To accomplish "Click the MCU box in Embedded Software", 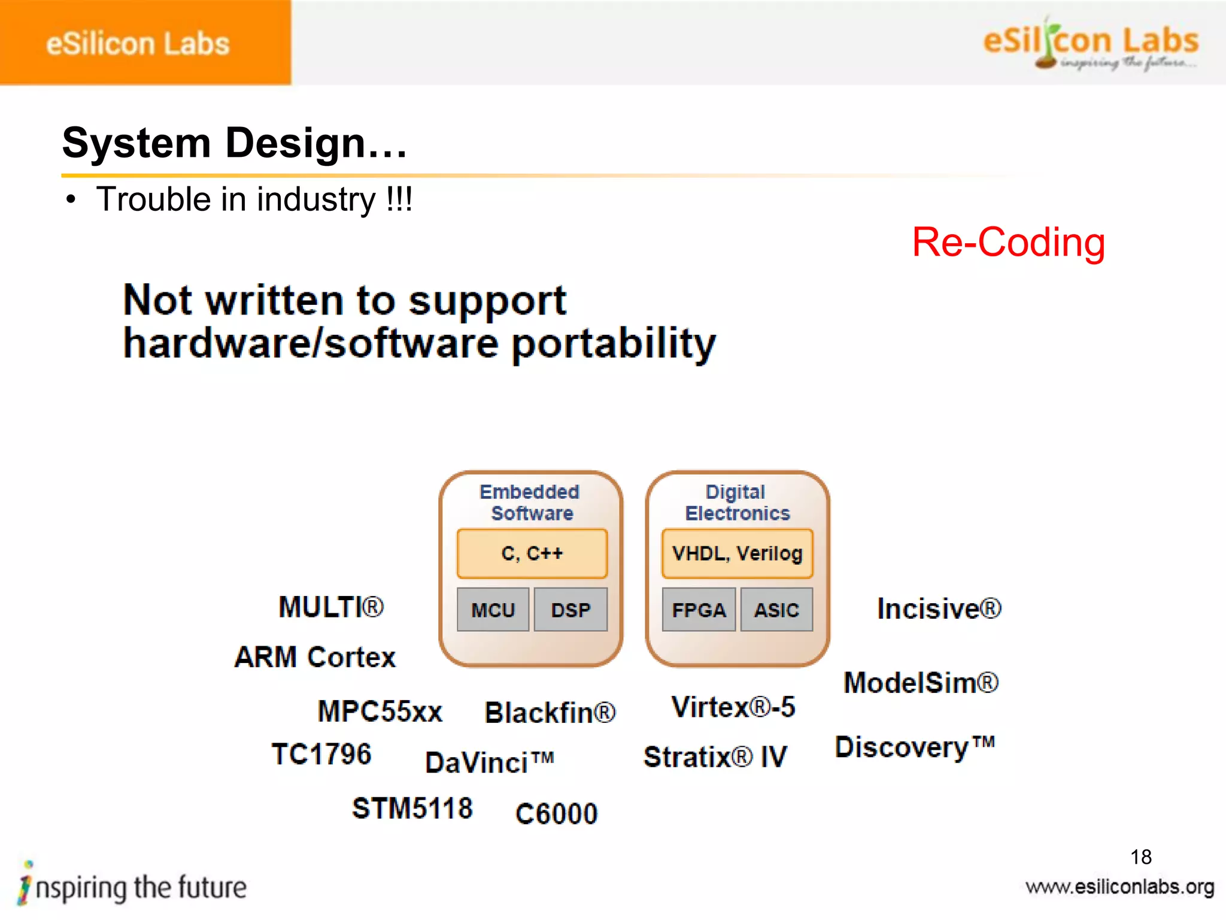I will [x=493, y=610].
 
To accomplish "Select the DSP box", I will [x=570, y=610].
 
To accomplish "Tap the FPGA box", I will [x=699, y=610].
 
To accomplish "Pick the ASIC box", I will [x=776, y=610].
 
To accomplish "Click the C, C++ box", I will [x=532, y=553].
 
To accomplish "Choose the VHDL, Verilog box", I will [x=737, y=553].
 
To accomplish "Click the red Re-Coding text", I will [x=1008, y=243].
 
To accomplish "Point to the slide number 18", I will [x=1141, y=857].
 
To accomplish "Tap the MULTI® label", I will [x=331, y=607].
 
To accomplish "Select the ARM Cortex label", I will [x=315, y=657].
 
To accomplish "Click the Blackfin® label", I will [x=550, y=713].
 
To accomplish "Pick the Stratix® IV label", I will [x=715, y=756].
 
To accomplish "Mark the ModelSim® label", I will [x=921, y=683].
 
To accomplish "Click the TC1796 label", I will [x=321, y=753].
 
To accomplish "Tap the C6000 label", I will [x=556, y=814].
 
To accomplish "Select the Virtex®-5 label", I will [x=733, y=707].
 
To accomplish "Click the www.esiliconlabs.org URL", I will [x=1119, y=887].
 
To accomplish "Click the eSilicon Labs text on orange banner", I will [x=138, y=44].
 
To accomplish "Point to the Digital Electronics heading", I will [x=737, y=503].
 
